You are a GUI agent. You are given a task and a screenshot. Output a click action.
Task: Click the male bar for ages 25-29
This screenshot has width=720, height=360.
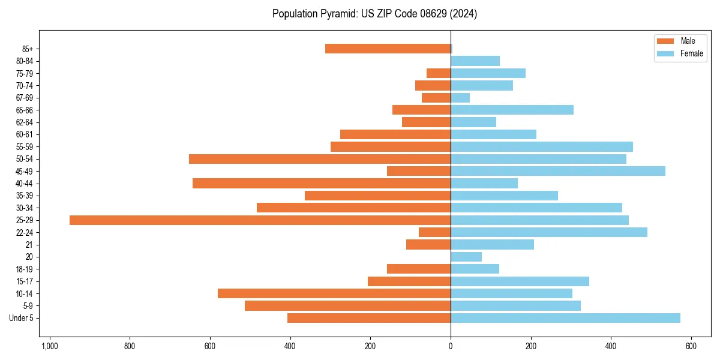[x=260, y=220]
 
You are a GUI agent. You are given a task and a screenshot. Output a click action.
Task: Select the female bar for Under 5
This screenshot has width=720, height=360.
[x=565, y=318]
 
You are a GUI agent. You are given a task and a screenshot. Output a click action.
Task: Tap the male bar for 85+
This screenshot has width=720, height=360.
[x=388, y=49]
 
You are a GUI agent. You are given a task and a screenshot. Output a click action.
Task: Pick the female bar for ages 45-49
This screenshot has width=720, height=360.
[x=558, y=171]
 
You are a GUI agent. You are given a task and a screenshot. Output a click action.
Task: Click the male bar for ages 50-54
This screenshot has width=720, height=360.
[x=320, y=159]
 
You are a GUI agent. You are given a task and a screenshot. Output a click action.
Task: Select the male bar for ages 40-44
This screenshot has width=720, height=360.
[x=322, y=184]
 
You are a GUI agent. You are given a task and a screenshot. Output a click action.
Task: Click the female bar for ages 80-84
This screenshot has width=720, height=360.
[x=475, y=61]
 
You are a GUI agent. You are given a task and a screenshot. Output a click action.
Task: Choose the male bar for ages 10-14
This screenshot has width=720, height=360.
[x=334, y=293]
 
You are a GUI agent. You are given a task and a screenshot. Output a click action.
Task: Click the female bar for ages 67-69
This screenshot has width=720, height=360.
[x=460, y=98]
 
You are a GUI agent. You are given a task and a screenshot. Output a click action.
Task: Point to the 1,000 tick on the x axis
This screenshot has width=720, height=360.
[x=49, y=346]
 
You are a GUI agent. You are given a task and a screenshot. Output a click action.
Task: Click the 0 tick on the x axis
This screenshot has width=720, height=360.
[x=451, y=346]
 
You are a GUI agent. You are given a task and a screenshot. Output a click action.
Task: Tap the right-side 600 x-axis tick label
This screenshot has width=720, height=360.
[x=691, y=346]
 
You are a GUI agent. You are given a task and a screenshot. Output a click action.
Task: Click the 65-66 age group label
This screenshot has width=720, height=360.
[x=25, y=110]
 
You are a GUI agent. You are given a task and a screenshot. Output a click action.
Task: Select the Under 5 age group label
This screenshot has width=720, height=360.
[x=21, y=318]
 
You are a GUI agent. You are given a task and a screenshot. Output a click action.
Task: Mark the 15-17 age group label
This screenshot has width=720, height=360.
[x=25, y=281]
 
